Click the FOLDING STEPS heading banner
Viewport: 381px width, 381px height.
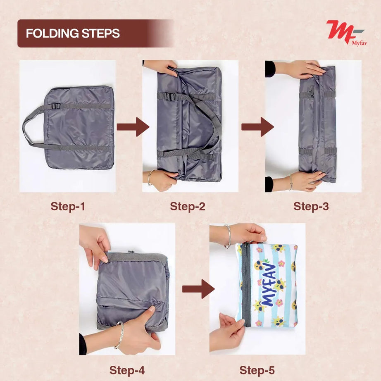tap(83, 33)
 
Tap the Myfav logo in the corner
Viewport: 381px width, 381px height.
tap(346, 33)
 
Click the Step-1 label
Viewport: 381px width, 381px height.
tap(68, 206)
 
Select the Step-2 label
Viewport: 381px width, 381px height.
tap(188, 206)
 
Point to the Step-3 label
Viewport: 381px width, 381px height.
tap(311, 206)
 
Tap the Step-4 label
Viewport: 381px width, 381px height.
tap(127, 370)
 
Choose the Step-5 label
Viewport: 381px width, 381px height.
tap(257, 370)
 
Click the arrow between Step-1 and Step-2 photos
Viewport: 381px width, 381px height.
tap(133, 127)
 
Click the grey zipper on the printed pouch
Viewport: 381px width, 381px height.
tap(246, 285)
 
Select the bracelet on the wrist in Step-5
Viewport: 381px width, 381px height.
tap(227, 236)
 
